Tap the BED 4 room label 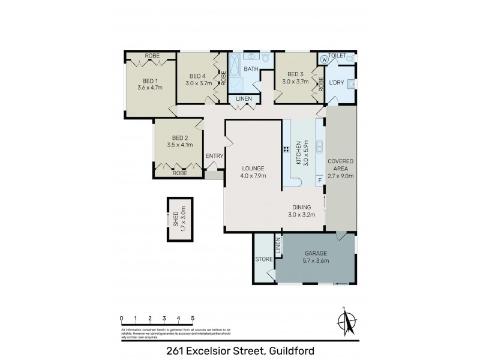coord(197,76)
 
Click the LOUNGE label coord(253,168)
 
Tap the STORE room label coord(263,259)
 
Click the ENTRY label coord(214,156)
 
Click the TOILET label coord(338,56)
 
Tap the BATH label coord(250,70)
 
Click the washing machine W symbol coord(325,59)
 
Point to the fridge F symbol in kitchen coord(320,180)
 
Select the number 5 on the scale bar coord(193,318)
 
